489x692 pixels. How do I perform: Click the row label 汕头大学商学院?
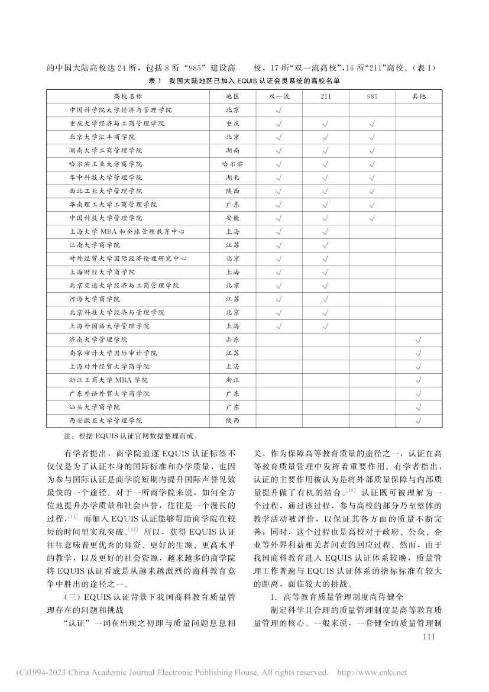95,408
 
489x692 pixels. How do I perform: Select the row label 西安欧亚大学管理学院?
106,421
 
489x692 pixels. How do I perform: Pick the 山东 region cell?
232,340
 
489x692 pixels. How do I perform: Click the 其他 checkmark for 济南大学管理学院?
419,340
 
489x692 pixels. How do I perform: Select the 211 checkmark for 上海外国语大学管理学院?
325,326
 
